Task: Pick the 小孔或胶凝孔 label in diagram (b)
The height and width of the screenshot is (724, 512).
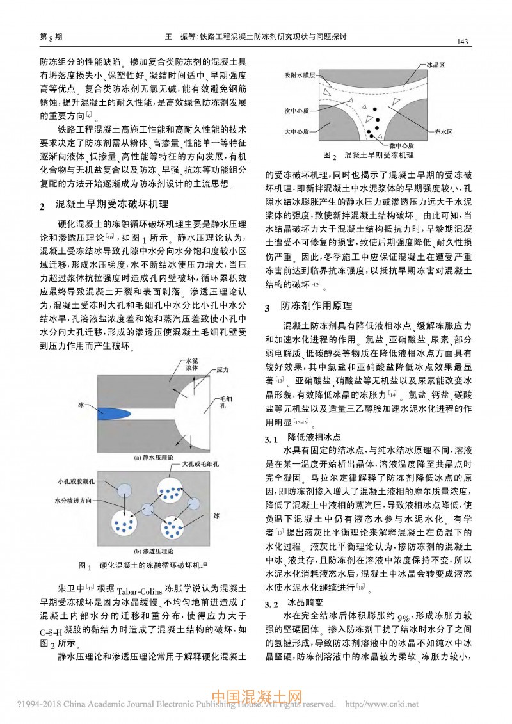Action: point(76,480)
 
